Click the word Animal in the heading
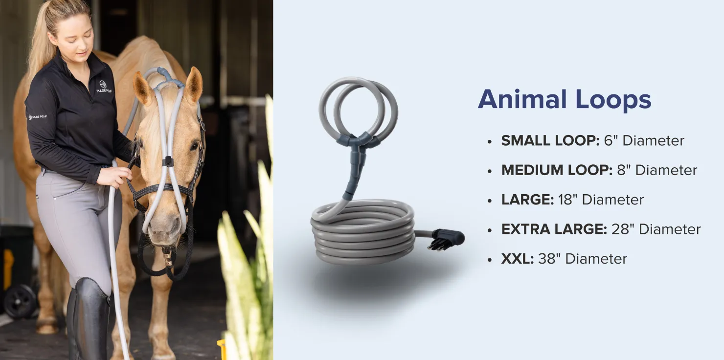click(522, 99)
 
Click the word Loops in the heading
click(613, 99)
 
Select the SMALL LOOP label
click(550, 140)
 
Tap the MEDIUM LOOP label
click(557, 170)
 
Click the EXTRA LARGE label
click(554, 229)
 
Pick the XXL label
click(518, 259)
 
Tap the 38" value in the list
click(549, 259)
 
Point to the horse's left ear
click(193, 84)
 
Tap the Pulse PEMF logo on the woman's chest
click(104, 87)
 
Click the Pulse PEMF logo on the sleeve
click(38, 117)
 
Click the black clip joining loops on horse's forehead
click(167, 161)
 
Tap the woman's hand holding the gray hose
click(116, 177)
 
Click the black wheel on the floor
click(20, 301)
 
